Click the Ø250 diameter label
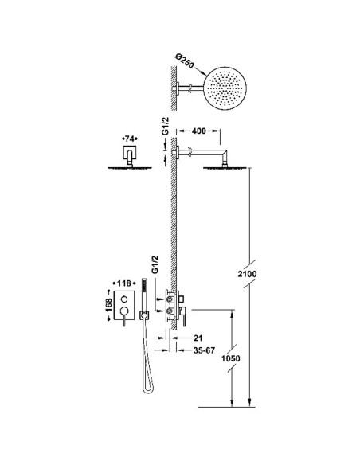click(185, 61)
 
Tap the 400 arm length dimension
click(198, 131)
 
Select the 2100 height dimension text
click(247, 274)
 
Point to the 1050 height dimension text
click(231, 358)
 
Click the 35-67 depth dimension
click(204, 350)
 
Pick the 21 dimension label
click(198, 338)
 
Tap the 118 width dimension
click(124, 283)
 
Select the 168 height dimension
click(109, 305)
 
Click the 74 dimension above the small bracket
click(130, 139)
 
